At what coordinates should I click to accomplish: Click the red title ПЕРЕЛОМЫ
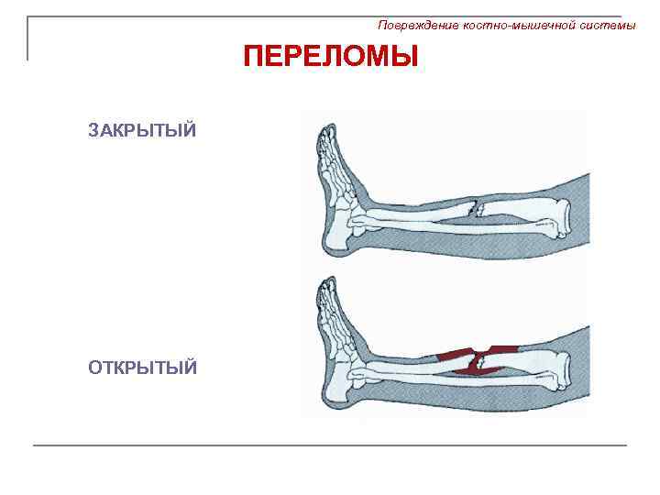(x=330, y=58)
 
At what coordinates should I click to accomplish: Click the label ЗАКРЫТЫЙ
(x=142, y=129)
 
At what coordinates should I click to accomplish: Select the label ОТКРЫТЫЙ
(x=142, y=368)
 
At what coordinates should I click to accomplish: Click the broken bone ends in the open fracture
(x=478, y=361)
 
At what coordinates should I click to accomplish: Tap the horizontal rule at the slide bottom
(x=330, y=445)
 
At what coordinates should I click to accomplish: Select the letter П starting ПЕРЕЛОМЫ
(x=253, y=58)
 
